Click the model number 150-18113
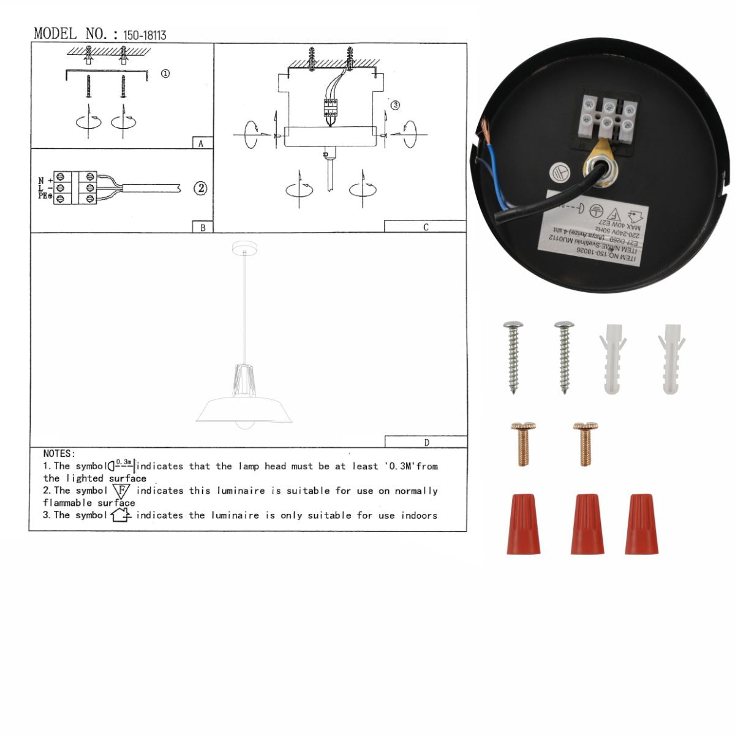tap(145, 35)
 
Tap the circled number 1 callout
tap(165, 73)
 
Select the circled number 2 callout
tap(200, 189)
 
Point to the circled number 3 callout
tap(395, 105)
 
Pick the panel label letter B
tap(203, 227)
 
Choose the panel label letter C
tap(426, 227)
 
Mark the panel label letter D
tap(427, 442)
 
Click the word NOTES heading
tap(59, 454)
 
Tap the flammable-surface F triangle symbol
tap(121, 491)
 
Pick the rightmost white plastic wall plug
tap(671, 358)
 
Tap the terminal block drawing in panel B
tap(75, 187)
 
